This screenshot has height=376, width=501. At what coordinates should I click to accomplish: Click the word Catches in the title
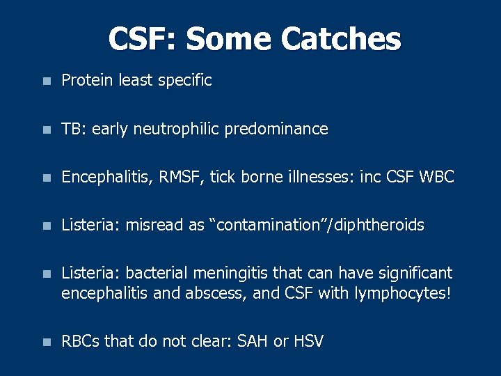[x=341, y=40]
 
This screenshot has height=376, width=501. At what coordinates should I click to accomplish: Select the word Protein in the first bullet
[x=87, y=81]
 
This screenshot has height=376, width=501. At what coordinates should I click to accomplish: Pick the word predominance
[x=276, y=130]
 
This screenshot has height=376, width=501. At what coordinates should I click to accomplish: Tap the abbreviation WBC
[x=437, y=178]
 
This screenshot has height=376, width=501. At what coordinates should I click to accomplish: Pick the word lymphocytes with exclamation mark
[x=403, y=293]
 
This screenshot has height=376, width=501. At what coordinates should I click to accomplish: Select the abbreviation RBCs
[x=81, y=341]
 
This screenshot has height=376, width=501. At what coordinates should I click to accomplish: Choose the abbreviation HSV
[x=310, y=341]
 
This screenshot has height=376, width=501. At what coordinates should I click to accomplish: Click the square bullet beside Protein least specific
[x=46, y=81]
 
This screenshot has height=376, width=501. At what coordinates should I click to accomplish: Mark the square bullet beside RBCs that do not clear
[x=46, y=342]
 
